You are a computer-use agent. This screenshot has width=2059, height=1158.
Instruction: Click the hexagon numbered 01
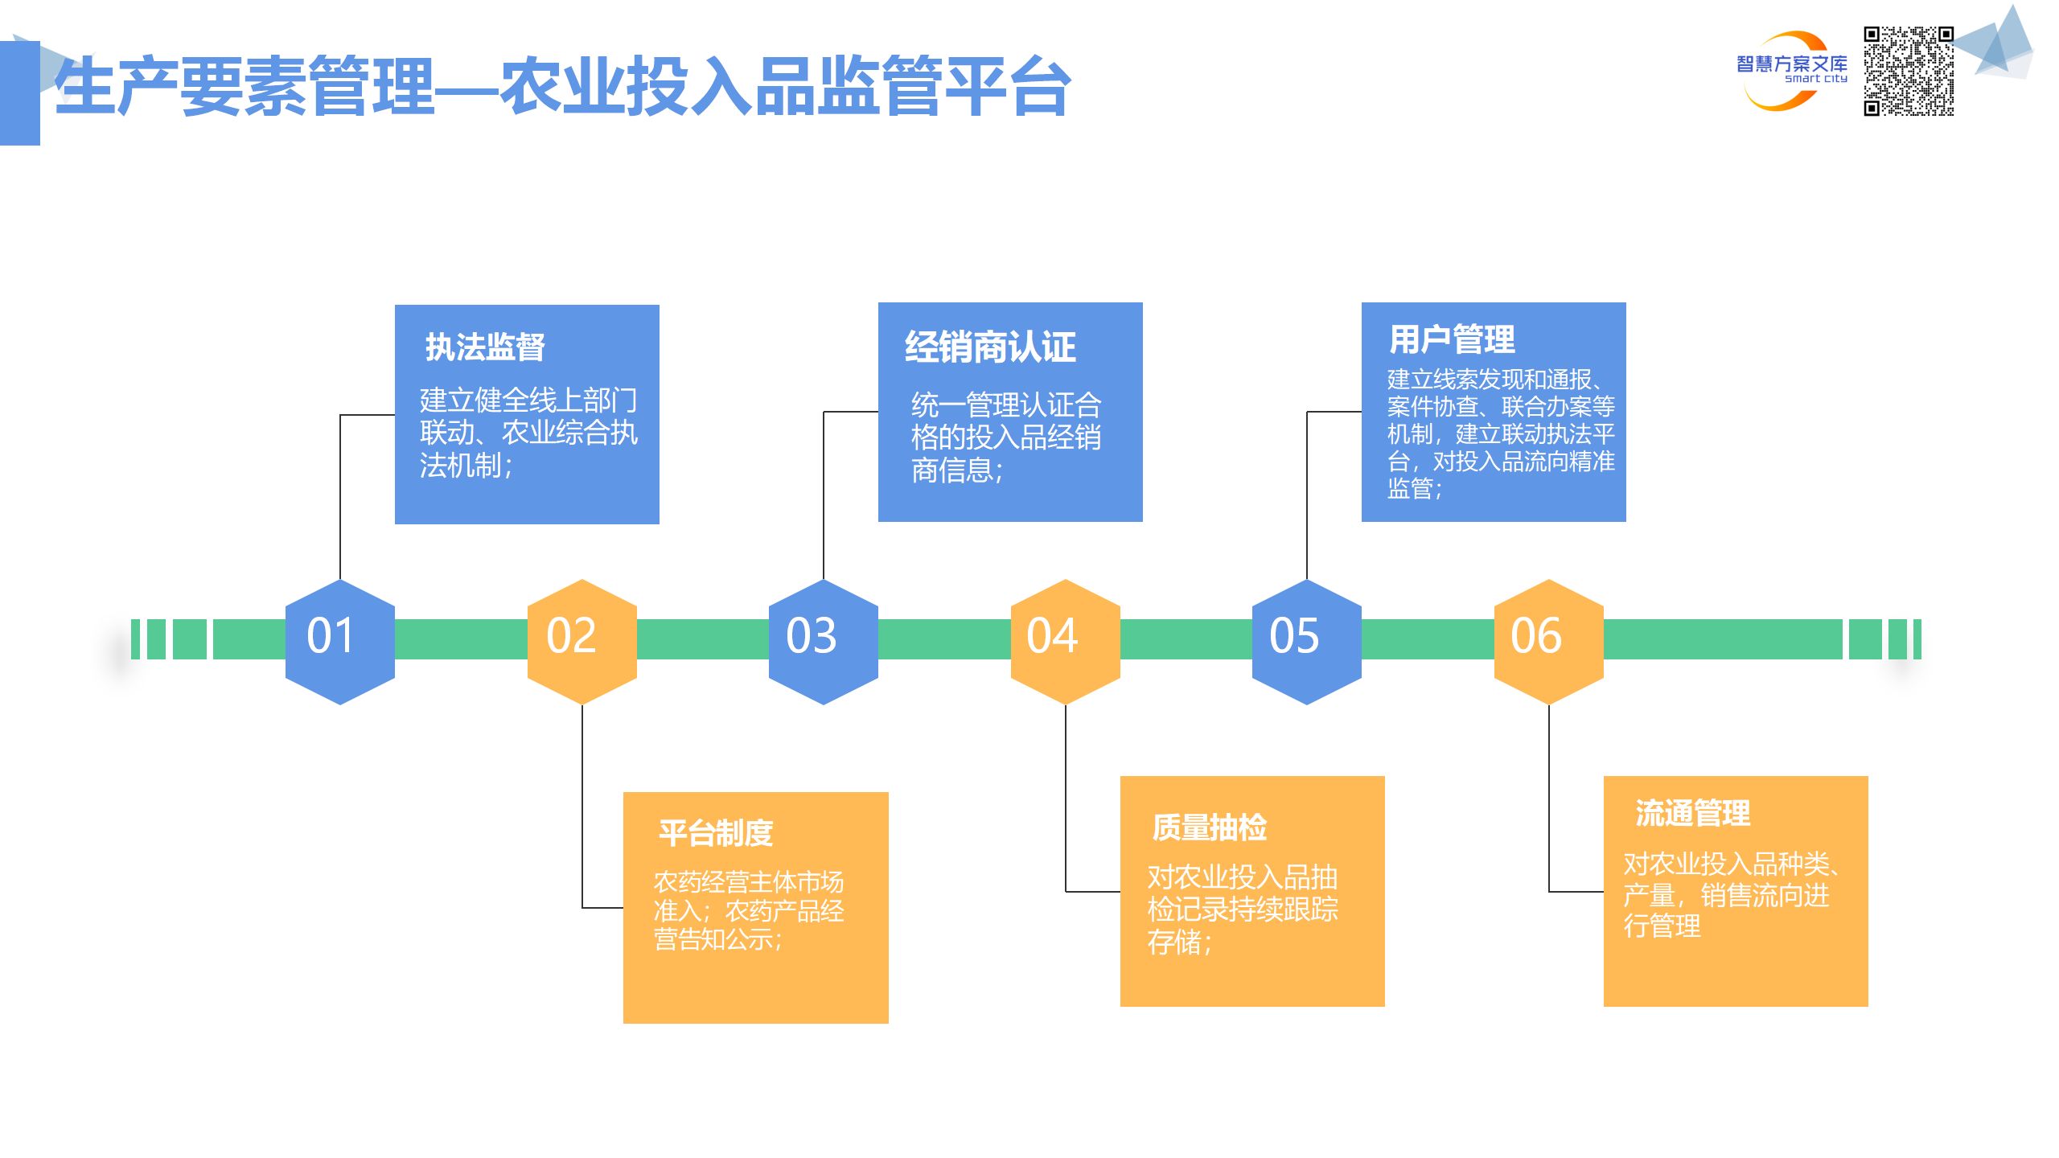point(339,641)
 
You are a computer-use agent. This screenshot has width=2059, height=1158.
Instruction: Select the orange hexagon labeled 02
point(582,641)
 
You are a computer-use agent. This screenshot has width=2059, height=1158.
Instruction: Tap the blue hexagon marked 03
point(823,641)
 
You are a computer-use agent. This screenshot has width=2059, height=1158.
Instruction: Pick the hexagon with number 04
point(1065,641)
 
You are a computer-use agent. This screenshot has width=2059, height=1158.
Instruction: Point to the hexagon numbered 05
point(1306,641)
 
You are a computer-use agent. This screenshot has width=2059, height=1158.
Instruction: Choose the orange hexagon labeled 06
point(1548,641)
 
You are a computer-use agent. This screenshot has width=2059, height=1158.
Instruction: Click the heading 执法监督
point(485,347)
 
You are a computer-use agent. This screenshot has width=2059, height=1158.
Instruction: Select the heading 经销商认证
point(990,347)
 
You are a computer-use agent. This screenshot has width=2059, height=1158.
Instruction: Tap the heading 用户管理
point(1452,339)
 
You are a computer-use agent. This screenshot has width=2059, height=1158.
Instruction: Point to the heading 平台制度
point(716,833)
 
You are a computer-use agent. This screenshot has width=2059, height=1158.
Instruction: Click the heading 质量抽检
point(1210,827)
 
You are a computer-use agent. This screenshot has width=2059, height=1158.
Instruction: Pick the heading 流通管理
point(1693,813)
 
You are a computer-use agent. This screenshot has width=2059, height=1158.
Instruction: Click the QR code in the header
point(1909,71)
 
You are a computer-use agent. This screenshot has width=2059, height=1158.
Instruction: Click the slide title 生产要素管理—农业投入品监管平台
point(563,87)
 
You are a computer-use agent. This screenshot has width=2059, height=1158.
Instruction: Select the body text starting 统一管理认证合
point(1005,437)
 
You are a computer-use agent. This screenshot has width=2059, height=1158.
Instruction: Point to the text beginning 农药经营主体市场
point(749,910)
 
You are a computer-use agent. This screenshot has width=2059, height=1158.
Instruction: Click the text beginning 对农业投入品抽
point(1242,909)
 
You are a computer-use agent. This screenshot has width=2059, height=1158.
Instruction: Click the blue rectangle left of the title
point(19,92)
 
